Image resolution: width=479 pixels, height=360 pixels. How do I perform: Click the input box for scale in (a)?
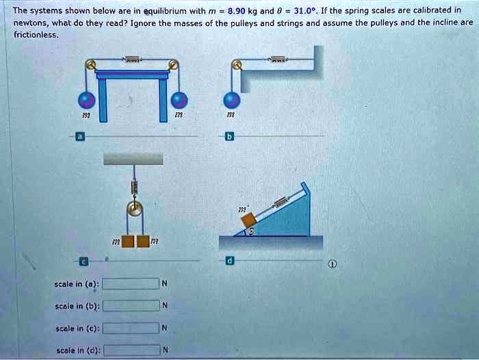(131, 284)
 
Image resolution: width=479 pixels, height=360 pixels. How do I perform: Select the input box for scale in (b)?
(131, 306)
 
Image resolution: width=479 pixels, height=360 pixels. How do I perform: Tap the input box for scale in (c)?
(131, 329)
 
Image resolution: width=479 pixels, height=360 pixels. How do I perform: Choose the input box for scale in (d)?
(131, 351)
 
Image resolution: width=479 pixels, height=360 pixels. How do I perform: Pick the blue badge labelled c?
(83, 261)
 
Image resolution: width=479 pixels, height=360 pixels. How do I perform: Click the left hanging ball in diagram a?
(87, 101)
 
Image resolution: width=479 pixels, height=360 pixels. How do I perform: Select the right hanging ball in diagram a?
(179, 101)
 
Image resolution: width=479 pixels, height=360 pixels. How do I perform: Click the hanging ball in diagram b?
(233, 101)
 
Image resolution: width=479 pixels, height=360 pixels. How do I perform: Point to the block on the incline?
(248, 220)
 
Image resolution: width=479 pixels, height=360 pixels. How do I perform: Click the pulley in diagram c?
(135, 208)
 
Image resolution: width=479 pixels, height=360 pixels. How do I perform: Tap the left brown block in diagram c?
(127, 242)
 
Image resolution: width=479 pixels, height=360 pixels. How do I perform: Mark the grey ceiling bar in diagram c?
(133, 158)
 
